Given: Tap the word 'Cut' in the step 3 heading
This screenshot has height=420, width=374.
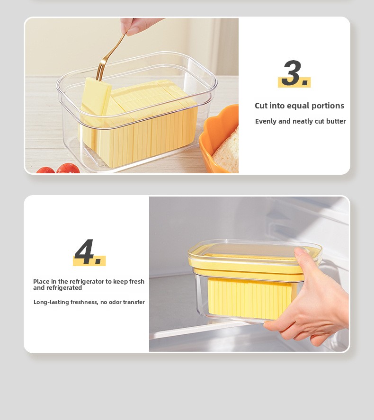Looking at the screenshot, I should tap(261, 106).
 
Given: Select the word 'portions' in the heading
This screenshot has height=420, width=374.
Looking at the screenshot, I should tap(328, 106).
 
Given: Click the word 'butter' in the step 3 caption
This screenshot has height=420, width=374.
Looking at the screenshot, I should tap(336, 121).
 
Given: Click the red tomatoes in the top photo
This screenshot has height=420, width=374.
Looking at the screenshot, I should tap(62, 169).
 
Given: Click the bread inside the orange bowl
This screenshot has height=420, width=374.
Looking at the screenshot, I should tap(227, 151).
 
